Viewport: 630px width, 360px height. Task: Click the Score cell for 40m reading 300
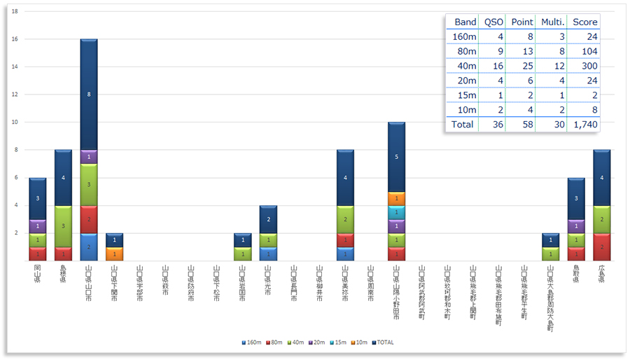click(x=584, y=65)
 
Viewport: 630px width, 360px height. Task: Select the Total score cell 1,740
click(x=584, y=124)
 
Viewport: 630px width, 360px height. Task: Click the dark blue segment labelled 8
click(x=89, y=94)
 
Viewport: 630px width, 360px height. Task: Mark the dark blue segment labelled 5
click(x=396, y=157)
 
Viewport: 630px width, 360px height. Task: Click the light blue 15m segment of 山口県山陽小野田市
click(x=396, y=212)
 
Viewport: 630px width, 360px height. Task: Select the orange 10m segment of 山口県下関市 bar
click(x=114, y=254)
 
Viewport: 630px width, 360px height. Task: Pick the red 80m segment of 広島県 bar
click(x=601, y=247)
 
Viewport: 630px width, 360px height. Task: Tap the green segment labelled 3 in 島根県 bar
click(x=63, y=226)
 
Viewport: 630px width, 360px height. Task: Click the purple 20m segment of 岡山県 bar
click(x=37, y=226)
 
